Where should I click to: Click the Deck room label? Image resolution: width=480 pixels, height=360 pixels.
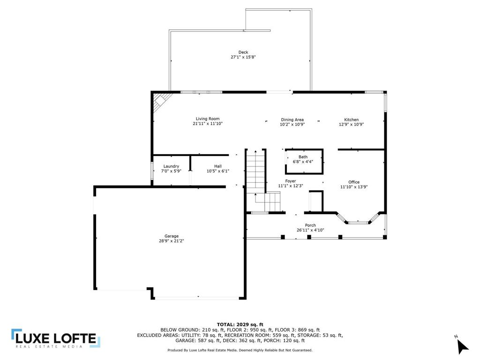tap(243, 52)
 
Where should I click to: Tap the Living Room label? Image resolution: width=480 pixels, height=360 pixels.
tap(208, 119)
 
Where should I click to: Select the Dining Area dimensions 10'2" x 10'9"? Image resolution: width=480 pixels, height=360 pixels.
tap(292, 124)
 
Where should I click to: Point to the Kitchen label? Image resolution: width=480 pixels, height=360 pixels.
tap(351, 120)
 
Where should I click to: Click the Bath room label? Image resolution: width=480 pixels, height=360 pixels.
tap(303, 157)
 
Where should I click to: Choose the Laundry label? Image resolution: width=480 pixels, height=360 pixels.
tap(171, 166)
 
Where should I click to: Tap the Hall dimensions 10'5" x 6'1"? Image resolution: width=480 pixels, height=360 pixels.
tap(217, 171)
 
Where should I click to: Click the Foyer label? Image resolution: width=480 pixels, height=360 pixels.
tap(291, 181)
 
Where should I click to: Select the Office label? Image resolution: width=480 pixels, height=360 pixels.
tap(354, 182)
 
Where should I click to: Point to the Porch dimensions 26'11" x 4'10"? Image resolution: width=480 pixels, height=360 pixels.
tap(310, 230)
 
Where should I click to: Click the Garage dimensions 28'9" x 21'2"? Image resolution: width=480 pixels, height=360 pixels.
tap(172, 241)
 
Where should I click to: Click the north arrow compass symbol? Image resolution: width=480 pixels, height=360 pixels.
tap(462, 346)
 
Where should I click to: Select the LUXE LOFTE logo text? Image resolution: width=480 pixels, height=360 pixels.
tap(56, 338)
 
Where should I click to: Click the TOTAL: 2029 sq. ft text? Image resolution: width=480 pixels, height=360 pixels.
tap(240, 324)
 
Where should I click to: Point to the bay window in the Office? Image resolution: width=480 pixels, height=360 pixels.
tap(358, 218)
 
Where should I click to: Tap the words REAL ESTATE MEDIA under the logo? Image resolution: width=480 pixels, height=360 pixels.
tap(49, 346)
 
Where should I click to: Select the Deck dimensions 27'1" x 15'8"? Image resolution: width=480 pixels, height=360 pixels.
tap(243, 57)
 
